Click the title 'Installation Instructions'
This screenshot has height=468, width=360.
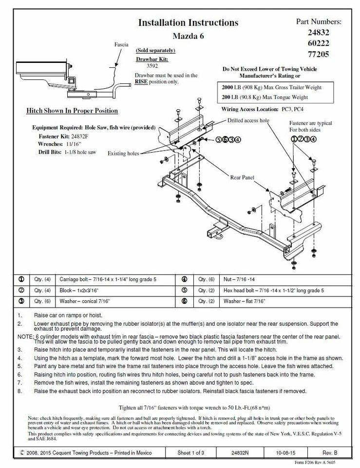(188, 22)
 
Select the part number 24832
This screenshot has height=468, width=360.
(318, 33)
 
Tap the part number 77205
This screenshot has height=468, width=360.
(318, 54)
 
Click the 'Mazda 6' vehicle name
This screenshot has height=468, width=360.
(189, 36)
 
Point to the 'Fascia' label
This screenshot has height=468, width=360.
(121, 44)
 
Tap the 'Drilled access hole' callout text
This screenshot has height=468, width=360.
(248, 120)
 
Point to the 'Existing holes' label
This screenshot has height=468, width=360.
(123, 154)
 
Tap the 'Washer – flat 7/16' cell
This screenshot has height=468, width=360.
(244, 302)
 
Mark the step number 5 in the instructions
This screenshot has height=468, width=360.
(19, 366)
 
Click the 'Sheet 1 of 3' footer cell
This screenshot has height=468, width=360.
(191, 452)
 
